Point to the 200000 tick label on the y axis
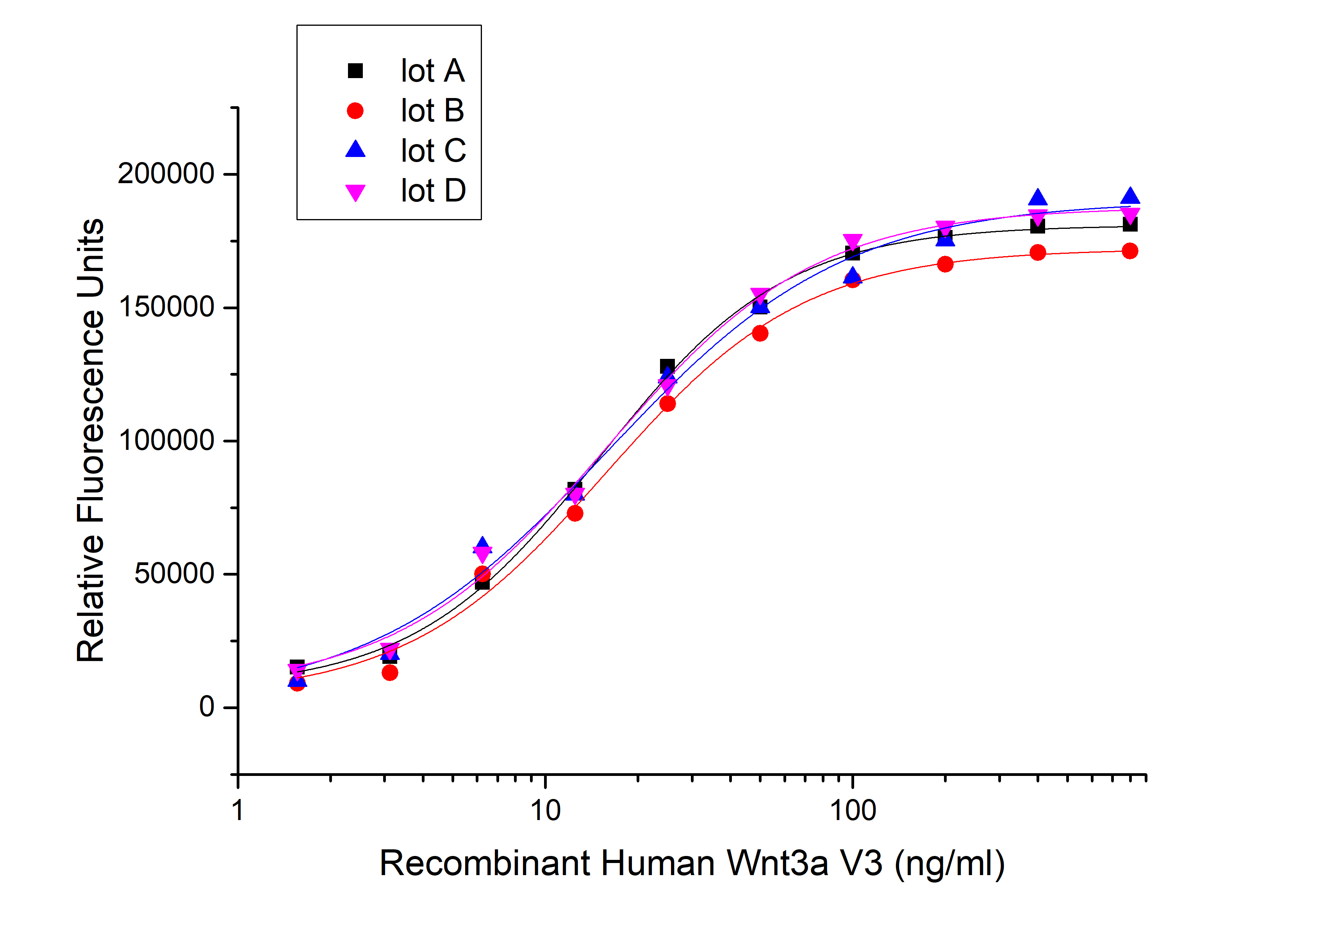pos(166,173)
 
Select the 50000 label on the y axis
pos(174,574)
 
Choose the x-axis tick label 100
pos(852,810)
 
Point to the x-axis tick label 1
pos(238,810)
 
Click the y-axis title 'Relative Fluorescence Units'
pos(91,440)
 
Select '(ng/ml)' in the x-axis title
pos(949,863)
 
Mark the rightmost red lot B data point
pos(1129,251)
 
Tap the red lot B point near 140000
pos(760,333)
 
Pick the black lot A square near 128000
pos(667,366)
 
